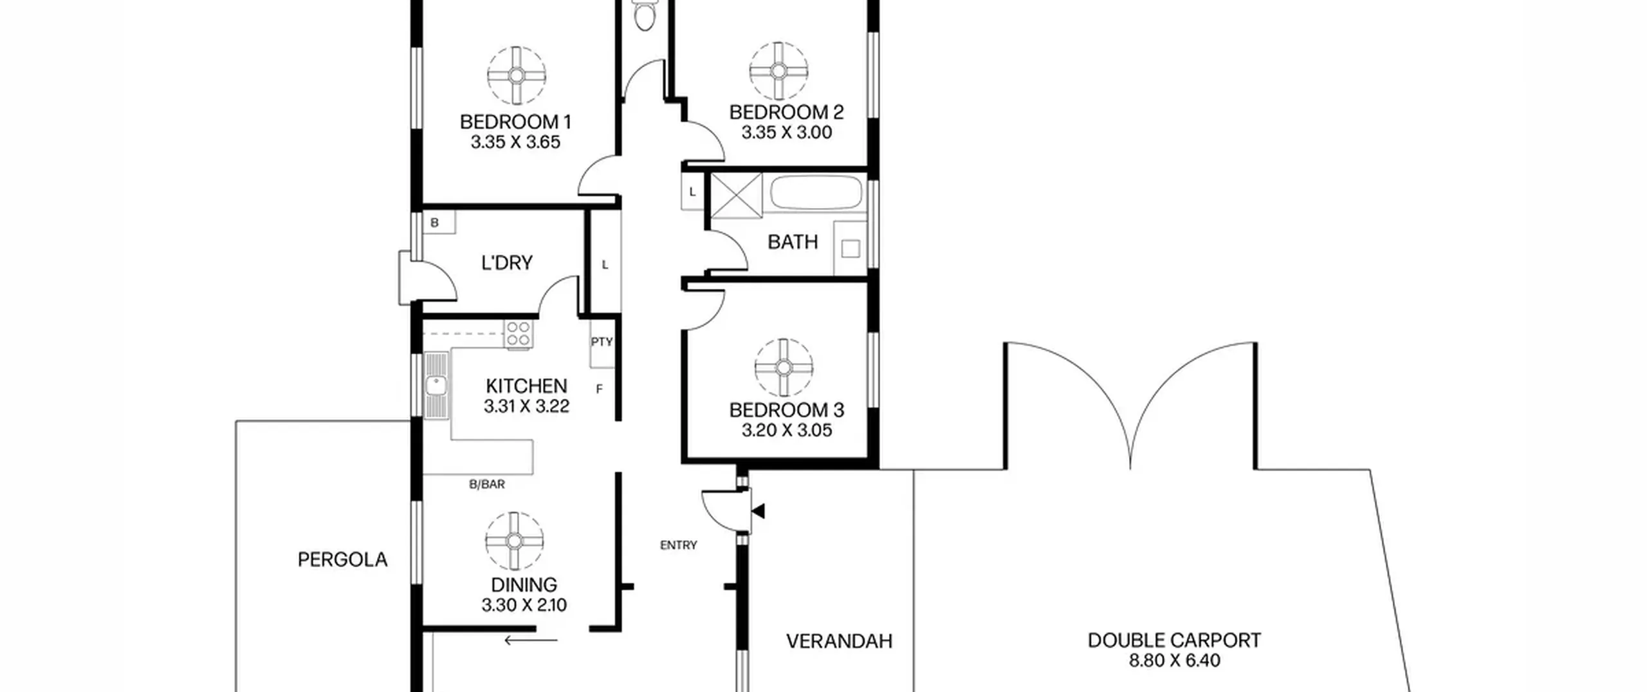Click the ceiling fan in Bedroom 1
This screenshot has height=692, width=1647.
click(517, 75)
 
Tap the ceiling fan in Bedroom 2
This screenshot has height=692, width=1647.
click(778, 71)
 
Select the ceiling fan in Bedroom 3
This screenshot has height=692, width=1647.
click(784, 368)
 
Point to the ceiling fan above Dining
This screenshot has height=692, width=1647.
click(515, 541)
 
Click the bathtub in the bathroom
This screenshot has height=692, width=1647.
click(816, 192)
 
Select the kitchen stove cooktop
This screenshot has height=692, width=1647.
click(518, 335)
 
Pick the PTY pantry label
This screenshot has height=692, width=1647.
click(602, 342)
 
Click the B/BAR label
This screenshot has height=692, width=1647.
click(487, 484)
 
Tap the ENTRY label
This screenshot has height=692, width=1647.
click(679, 545)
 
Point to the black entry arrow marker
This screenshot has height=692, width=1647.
click(759, 512)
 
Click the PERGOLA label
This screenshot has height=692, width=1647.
click(343, 559)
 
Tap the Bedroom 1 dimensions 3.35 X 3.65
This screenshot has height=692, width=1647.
click(515, 142)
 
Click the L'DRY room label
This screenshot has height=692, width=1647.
click(507, 263)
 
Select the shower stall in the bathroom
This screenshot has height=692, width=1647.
click(735, 196)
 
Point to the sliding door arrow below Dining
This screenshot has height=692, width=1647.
click(531, 640)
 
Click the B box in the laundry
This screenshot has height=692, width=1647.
click(437, 223)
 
